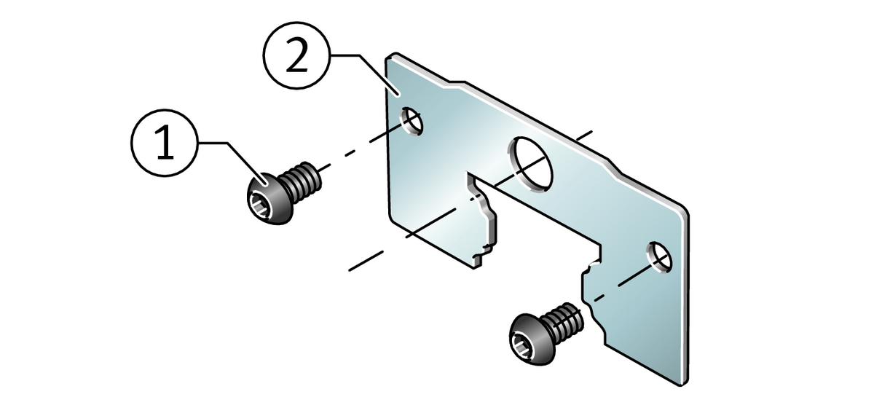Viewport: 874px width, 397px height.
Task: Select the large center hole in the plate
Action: tap(531, 164)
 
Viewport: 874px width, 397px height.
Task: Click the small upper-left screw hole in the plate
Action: tap(412, 121)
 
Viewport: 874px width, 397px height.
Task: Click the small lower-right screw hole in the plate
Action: tap(659, 257)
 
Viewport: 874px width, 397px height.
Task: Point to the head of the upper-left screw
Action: tap(269, 198)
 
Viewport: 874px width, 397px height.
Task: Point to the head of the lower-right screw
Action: tap(532, 339)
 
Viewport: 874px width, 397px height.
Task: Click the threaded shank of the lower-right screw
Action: tap(564, 323)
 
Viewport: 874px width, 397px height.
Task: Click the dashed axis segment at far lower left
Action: tap(366, 262)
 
